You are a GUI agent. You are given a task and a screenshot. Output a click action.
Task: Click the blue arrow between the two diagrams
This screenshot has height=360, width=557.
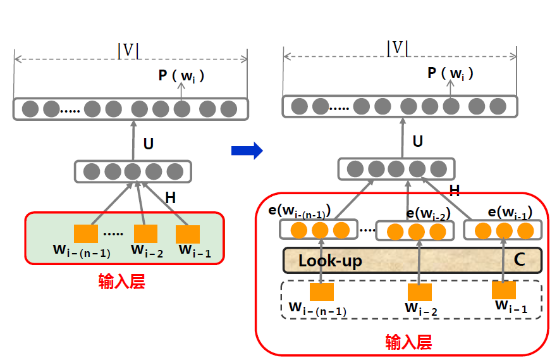point(247,151)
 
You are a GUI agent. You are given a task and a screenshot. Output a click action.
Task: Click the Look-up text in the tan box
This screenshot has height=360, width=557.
point(330,261)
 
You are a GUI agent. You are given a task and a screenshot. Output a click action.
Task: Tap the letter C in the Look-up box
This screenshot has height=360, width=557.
point(519,259)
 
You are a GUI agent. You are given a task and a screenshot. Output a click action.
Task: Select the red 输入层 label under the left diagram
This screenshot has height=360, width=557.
point(121,282)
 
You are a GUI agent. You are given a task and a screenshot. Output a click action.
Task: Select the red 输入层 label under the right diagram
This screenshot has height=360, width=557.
point(408,343)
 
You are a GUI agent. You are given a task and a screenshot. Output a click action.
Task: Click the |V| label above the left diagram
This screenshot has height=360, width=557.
point(129,51)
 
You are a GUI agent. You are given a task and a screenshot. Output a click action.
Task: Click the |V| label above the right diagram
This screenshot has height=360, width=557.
point(398,48)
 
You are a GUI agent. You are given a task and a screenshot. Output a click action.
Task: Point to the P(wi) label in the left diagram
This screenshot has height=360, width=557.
point(181,77)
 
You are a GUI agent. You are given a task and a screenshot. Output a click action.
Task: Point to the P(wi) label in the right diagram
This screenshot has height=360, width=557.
point(450,73)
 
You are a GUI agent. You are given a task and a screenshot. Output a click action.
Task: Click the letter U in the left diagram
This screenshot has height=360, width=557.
point(148,144)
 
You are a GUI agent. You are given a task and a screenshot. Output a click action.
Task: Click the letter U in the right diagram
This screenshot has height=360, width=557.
point(417,140)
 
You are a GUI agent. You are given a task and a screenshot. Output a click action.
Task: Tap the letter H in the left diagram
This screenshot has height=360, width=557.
point(170,198)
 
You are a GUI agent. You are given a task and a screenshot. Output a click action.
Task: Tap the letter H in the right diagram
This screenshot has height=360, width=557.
point(454,190)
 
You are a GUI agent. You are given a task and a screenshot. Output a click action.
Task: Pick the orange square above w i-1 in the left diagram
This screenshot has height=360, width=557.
point(188,234)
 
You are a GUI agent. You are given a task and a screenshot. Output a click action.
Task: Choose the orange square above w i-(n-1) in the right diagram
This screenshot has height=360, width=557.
point(321,292)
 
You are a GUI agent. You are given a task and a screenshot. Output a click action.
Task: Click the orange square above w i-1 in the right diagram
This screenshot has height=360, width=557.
point(504,290)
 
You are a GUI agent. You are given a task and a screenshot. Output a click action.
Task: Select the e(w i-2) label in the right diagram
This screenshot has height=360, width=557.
point(428,214)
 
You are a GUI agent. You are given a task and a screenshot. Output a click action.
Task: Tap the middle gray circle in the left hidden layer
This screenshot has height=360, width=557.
point(133,171)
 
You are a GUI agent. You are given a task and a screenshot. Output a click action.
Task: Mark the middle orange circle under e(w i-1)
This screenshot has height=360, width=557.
point(504,230)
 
